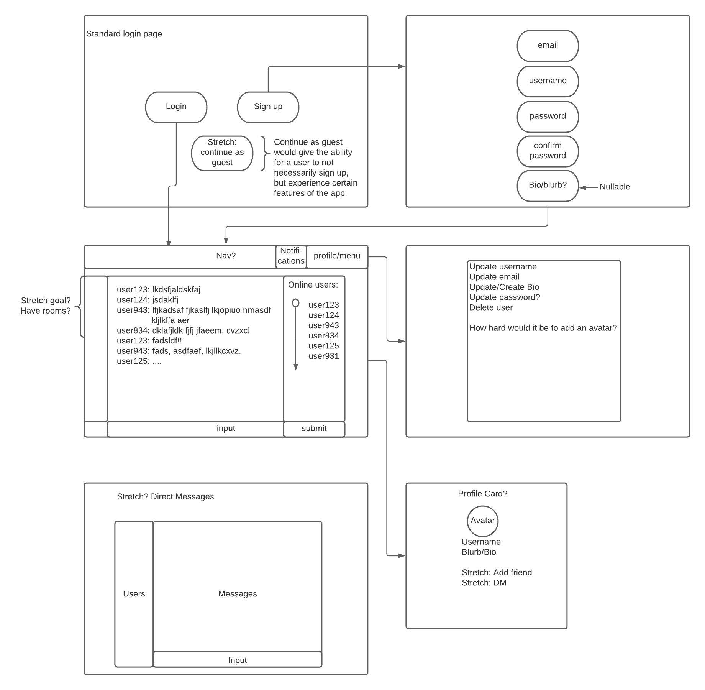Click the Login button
[x=176, y=107]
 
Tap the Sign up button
[x=268, y=107]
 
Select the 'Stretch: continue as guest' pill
[x=222, y=153]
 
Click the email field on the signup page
[x=548, y=46]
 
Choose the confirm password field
[x=548, y=151]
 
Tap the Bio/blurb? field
[x=548, y=186]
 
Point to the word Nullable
[x=615, y=187]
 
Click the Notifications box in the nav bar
[x=291, y=256]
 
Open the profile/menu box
[x=337, y=256]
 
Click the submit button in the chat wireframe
[x=314, y=429]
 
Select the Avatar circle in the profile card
[x=482, y=521]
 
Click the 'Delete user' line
[x=491, y=307]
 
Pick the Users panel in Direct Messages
[x=134, y=593]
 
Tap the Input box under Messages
[x=237, y=660]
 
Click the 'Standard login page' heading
[x=124, y=34]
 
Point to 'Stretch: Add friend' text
[x=497, y=572]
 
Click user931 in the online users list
[x=323, y=356]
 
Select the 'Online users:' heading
[x=313, y=285]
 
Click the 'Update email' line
[x=494, y=277]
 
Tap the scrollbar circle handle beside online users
[x=295, y=303]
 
